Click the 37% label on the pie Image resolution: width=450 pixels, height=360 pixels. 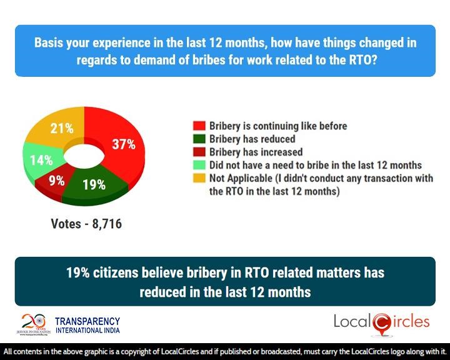coord(124,144)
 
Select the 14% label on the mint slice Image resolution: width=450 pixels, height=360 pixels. coord(41,159)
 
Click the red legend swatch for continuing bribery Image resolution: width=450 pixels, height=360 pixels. coord(199,126)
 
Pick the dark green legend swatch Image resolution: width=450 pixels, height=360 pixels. coord(199,139)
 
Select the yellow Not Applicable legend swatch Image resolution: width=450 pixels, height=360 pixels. coord(199,178)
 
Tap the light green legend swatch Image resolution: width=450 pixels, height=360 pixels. coord(199,165)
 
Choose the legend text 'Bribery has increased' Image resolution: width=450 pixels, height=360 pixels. coord(256,152)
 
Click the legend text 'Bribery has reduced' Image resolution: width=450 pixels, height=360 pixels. coord(252,139)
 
